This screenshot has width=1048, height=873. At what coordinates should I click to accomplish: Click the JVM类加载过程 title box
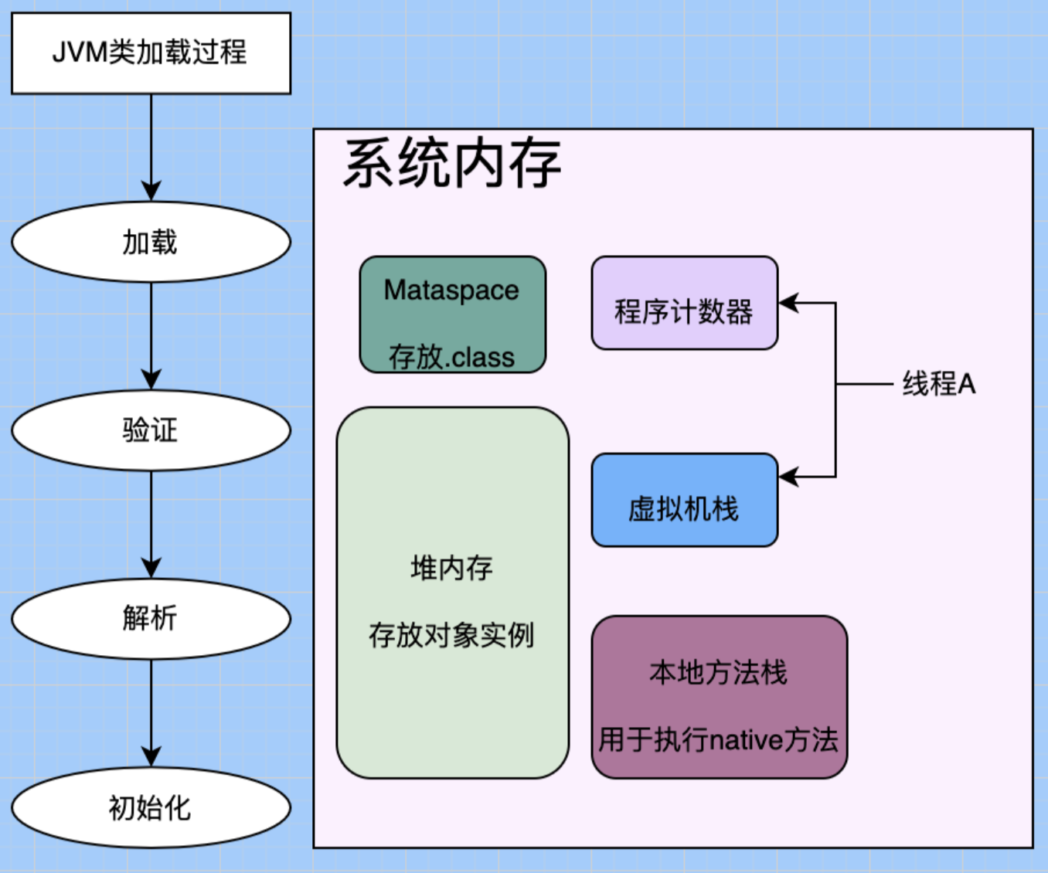(151, 53)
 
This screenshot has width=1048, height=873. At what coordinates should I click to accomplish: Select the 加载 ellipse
(151, 242)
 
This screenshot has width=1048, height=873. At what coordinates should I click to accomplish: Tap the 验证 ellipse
(151, 430)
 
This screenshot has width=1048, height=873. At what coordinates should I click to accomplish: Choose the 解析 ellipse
(151, 619)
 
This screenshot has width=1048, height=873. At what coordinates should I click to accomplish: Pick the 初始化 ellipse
(151, 807)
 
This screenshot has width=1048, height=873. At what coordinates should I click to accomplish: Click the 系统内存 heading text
(452, 164)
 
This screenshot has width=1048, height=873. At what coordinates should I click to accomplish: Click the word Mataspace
(452, 290)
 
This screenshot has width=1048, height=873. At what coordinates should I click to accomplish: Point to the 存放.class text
(452, 357)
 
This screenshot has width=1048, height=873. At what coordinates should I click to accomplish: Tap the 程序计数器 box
(684, 303)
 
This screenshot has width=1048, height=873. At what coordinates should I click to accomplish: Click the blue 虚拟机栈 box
(684, 500)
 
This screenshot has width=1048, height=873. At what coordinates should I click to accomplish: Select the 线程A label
(939, 384)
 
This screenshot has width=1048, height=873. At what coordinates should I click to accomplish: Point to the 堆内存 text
(452, 569)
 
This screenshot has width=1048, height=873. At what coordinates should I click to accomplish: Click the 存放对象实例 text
(452, 635)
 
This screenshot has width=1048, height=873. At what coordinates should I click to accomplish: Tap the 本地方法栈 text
(719, 672)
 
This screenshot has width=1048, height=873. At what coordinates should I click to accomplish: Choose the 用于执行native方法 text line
(719, 740)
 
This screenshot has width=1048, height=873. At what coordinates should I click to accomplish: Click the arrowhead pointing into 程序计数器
(788, 303)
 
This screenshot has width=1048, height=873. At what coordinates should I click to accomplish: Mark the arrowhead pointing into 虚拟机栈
(788, 477)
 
